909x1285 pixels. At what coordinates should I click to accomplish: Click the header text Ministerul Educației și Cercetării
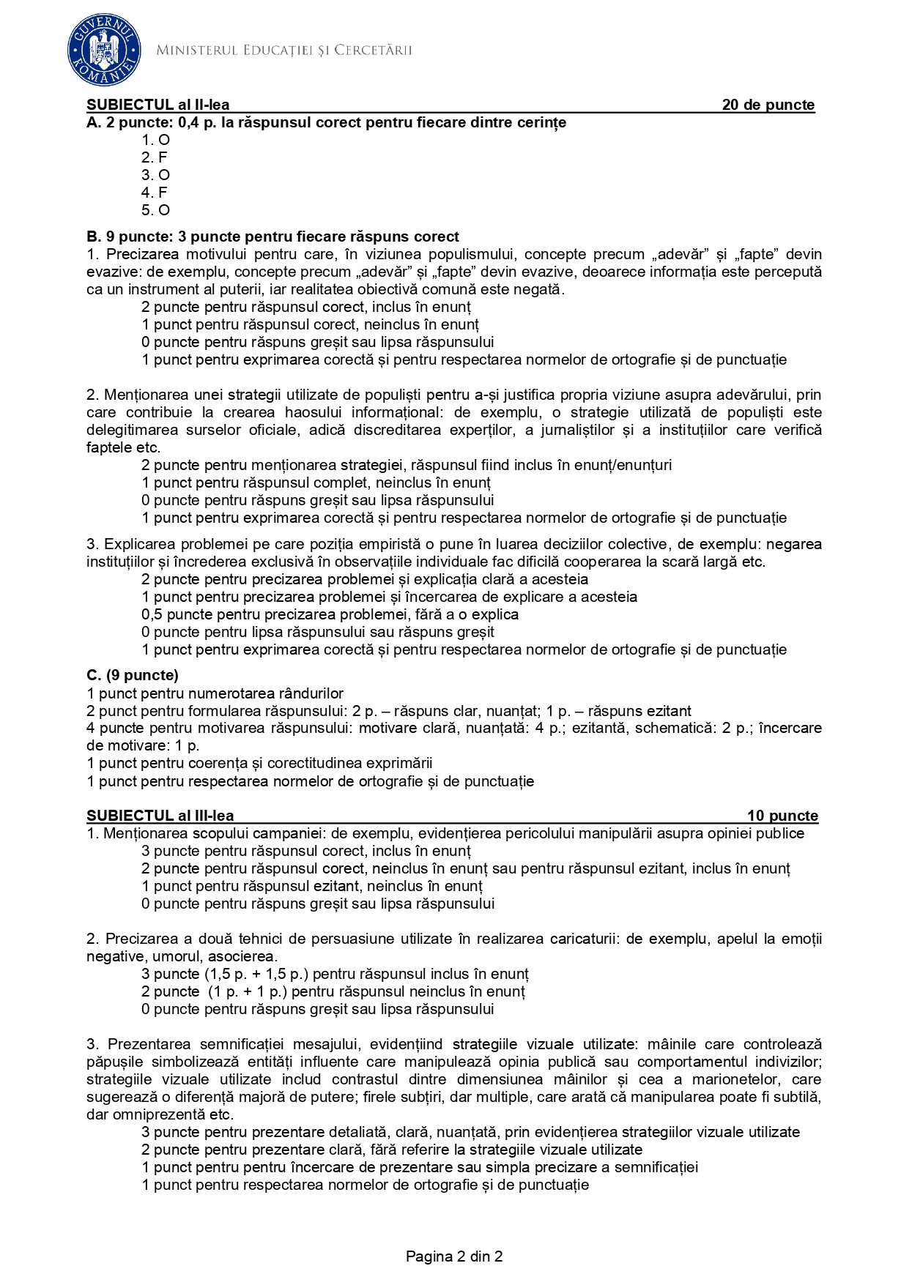(x=284, y=51)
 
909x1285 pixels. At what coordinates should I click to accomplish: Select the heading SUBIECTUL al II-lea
(x=157, y=105)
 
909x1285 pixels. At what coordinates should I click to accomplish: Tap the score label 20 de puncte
(x=768, y=105)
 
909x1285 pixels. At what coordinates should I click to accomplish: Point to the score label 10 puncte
(x=782, y=816)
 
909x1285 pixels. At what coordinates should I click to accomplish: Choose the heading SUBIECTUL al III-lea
(x=160, y=816)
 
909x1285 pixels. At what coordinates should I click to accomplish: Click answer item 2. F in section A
(x=155, y=157)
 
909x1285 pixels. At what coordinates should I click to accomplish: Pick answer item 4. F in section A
(x=155, y=193)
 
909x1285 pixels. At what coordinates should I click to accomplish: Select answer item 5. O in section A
(x=155, y=210)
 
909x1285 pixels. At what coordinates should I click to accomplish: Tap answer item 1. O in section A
(x=155, y=140)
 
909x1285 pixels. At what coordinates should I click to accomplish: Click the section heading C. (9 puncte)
(x=133, y=675)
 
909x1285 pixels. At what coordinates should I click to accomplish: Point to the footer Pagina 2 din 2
(x=454, y=1256)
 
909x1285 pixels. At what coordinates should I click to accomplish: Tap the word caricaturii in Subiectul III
(x=582, y=939)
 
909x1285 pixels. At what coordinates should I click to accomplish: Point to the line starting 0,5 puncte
(x=330, y=614)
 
